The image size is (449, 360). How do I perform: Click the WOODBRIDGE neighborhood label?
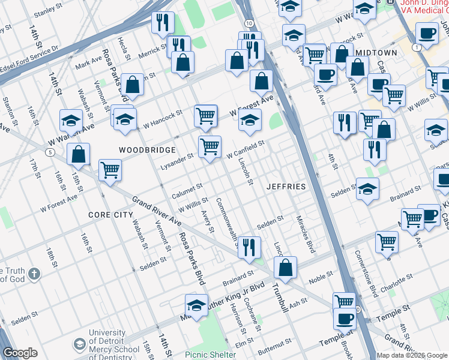[x=147, y=150]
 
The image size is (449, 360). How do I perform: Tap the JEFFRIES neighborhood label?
[x=286, y=187]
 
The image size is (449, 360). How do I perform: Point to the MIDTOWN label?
[x=376, y=53]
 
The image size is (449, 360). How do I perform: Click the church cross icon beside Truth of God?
[x=35, y=275]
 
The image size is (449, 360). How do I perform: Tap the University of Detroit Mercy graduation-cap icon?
[x=79, y=344]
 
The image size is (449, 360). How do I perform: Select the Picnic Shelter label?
[x=210, y=355]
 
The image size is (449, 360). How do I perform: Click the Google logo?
[x=20, y=353]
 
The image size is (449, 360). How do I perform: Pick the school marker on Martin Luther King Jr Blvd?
[x=196, y=305]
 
